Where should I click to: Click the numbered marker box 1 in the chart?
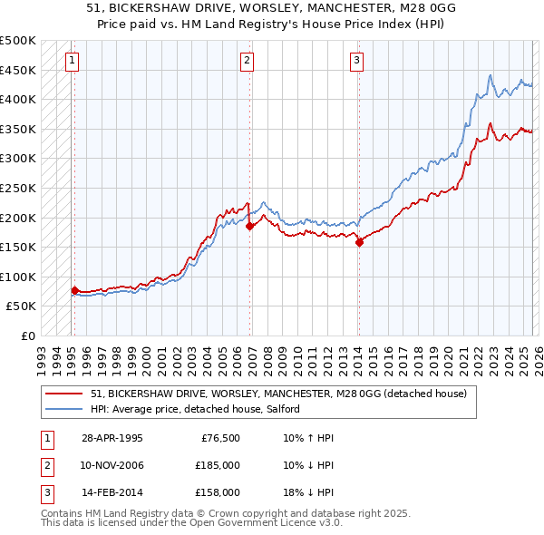(x=72, y=61)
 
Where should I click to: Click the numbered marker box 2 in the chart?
(x=247, y=61)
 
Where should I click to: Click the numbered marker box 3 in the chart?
(x=356, y=61)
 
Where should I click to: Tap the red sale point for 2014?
(x=359, y=242)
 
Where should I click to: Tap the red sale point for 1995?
(x=74, y=290)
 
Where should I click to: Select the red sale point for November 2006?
(x=249, y=227)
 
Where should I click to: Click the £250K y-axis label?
(x=18, y=188)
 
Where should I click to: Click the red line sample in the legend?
(x=63, y=394)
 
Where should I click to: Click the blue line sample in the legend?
(x=63, y=410)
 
